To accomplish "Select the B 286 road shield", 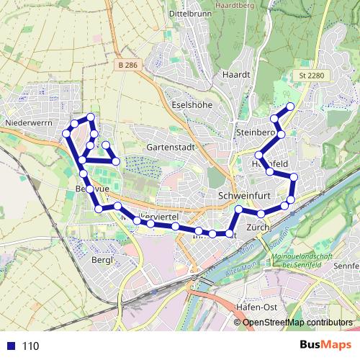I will click(125, 66).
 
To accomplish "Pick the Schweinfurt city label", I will click(243, 195).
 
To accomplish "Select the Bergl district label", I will click(103, 260).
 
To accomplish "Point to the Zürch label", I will click(257, 228).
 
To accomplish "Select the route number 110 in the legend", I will click(30, 346).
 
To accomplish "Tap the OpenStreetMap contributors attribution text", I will click(297, 322).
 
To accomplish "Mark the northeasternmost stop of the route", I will click(291, 107).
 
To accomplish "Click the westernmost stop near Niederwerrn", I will click(66, 132).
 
